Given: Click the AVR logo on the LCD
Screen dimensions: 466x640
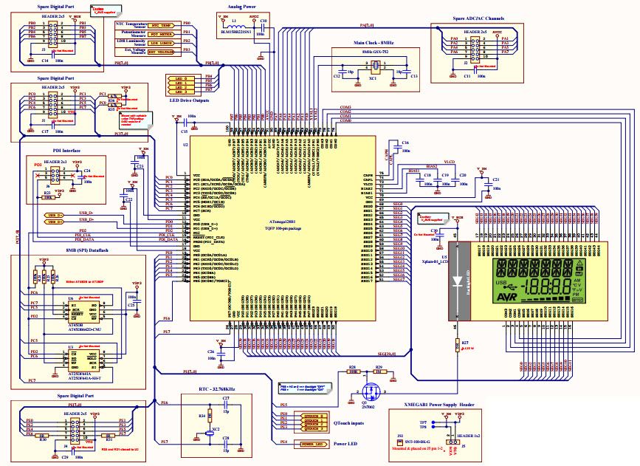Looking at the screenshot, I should [x=503, y=295].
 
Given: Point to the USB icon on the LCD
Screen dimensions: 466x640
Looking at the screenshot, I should [x=502, y=283].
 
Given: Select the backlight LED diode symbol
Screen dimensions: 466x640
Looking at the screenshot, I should [x=458, y=267].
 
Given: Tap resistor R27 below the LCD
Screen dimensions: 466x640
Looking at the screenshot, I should [x=455, y=344].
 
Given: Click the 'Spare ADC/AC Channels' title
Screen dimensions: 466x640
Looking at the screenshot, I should [x=479, y=17].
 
